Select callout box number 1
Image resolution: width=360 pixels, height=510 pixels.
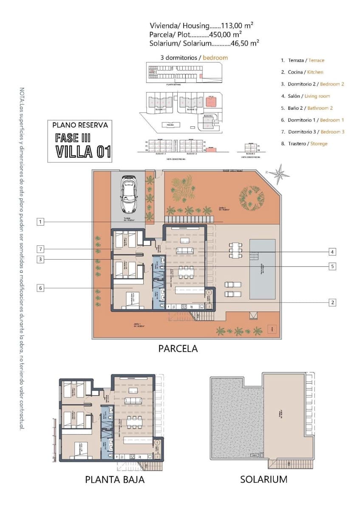[x=40, y=221]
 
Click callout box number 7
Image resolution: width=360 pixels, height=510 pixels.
[x=40, y=249]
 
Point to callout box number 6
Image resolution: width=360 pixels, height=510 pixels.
[x=40, y=288]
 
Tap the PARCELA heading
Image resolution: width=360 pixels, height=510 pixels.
[x=178, y=348]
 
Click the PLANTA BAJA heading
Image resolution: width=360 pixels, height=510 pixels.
[x=115, y=479]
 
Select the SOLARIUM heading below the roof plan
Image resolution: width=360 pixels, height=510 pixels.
[x=264, y=479]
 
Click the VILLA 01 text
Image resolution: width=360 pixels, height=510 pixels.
[x=83, y=152]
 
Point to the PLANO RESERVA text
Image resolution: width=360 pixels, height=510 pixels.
[x=80, y=125]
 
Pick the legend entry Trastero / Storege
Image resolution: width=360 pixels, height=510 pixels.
[x=304, y=144]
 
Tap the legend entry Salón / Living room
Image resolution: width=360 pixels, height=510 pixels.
[x=306, y=96]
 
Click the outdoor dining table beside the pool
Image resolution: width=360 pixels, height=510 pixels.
[x=235, y=250]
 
